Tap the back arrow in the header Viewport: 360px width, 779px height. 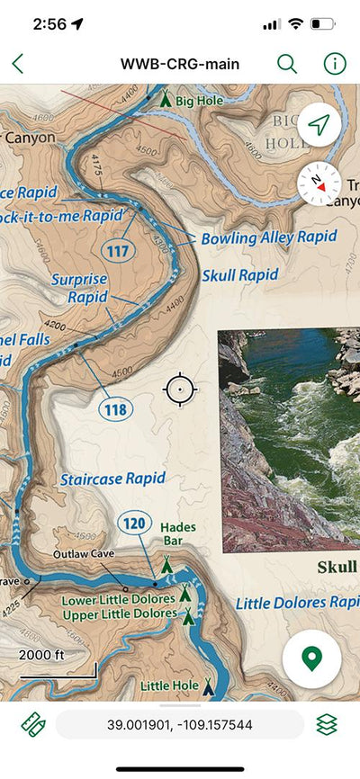click(x=18, y=64)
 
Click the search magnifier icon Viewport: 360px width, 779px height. click(x=286, y=64)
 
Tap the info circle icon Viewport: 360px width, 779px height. click(x=334, y=64)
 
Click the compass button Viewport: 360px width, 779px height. click(x=319, y=181)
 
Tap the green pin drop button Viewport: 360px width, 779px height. click(x=311, y=658)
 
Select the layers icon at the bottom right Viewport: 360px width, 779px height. click(x=327, y=723)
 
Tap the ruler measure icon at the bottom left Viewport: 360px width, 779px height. click(x=33, y=723)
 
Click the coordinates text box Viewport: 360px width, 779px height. click(x=179, y=723)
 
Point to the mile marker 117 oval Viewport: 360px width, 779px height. click(x=118, y=251)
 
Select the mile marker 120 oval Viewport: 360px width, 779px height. click(x=133, y=524)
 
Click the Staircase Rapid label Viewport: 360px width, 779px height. click(x=113, y=479)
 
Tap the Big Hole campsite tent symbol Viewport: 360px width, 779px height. click(x=165, y=100)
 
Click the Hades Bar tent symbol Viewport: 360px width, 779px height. click(x=166, y=565)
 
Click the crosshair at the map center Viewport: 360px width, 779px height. click(x=180, y=389)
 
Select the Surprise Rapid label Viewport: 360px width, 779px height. click(x=79, y=288)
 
